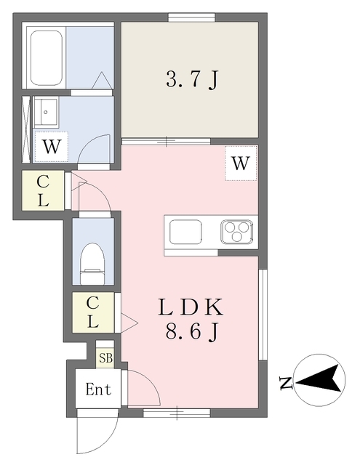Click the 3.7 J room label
(192, 79)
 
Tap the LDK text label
(191, 307)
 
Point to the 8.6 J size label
(192, 331)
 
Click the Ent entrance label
(98, 389)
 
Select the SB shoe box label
(105, 358)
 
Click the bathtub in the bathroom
(47, 57)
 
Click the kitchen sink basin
(185, 232)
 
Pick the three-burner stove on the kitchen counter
(237, 231)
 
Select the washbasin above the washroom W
(45, 112)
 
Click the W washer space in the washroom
(52, 147)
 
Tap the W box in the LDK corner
(241, 163)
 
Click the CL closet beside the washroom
(43, 191)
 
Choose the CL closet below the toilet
(93, 312)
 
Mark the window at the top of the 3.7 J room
(192, 17)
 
